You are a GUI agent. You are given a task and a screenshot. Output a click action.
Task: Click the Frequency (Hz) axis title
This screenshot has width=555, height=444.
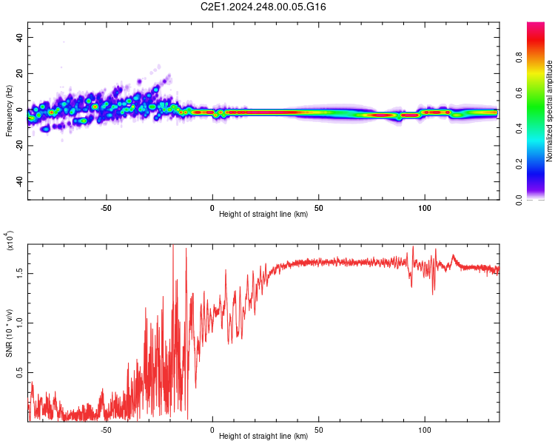click(x=9, y=111)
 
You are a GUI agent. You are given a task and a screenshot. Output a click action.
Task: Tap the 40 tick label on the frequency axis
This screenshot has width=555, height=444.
click(x=19, y=38)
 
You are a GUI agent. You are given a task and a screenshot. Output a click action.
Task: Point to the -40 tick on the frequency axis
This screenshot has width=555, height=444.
click(x=18, y=181)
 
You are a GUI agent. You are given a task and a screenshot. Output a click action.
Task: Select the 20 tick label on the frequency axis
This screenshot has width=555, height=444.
click(x=19, y=74)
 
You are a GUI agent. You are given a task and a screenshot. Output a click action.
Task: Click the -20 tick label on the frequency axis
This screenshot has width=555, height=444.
click(x=18, y=146)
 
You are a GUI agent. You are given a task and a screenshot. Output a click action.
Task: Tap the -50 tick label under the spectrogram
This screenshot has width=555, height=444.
click(x=106, y=206)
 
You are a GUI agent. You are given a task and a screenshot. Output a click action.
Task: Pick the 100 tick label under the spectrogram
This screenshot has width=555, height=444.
click(x=425, y=206)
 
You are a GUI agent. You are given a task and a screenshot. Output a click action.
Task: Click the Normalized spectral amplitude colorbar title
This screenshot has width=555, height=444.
click(x=550, y=111)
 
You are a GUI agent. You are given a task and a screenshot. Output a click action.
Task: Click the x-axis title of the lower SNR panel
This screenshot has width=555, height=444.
click(x=263, y=437)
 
